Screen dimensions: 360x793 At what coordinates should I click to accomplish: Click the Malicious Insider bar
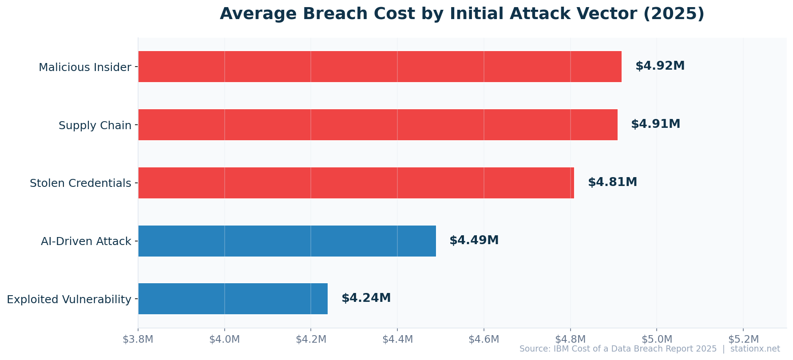pyautogui.click(x=380, y=67)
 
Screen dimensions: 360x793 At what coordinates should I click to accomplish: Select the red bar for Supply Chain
pyautogui.click(x=377, y=125)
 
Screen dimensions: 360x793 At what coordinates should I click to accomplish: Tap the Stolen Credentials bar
pyautogui.click(x=356, y=183)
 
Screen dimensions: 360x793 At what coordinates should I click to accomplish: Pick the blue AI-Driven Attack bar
pyautogui.click(x=287, y=241)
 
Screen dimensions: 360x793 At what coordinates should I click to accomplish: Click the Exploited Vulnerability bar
pyautogui.click(x=233, y=299)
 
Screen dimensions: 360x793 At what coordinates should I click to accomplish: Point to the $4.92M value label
pyautogui.click(x=660, y=66)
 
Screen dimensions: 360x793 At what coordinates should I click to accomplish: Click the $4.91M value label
pyautogui.click(x=655, y=124)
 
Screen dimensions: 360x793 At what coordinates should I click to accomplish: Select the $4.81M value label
pyautogui.click(x=612, y=182)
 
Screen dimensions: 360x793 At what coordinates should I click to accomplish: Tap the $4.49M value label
pyautogui.click(x=474, y=241)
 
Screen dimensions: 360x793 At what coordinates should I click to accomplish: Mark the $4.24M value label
pyautogui.click(x=366, y=298)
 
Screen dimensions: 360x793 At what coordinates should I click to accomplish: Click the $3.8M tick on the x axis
pyautogui.click(x=138, y=340)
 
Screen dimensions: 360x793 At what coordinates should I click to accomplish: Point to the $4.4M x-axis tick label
pyautogui.click(x=397, y=340)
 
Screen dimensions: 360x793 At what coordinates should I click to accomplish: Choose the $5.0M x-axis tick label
pyautogui.click(x=657, y=340)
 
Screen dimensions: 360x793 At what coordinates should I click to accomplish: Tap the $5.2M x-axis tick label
pyautogui.click(x=743, y=340)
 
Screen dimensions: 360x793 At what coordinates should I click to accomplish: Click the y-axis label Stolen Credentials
pyautogui.click(x=80, y=183)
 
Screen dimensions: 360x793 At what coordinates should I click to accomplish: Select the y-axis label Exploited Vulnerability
pyautogui.click(x=69, y=300)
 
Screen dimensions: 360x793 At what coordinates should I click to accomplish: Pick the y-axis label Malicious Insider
pyautogui.click(x=85, y=67)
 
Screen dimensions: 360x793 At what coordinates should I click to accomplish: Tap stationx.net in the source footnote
pyautogui.click(x=755, y=349)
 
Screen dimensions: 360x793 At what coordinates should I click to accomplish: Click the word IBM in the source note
pyautogui.click(x=561, y=349)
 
